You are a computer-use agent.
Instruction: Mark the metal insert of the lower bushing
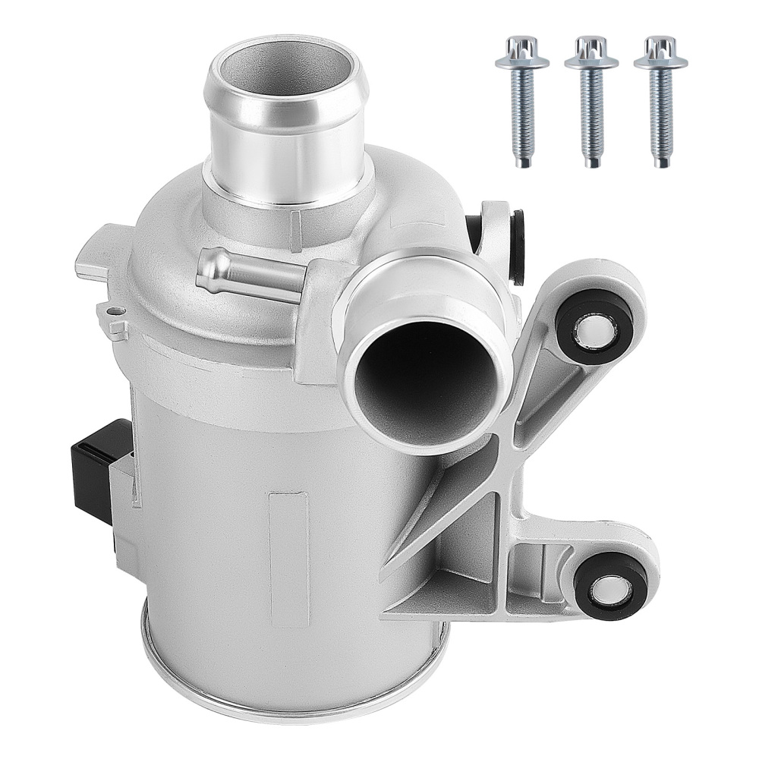pos(612,587)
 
